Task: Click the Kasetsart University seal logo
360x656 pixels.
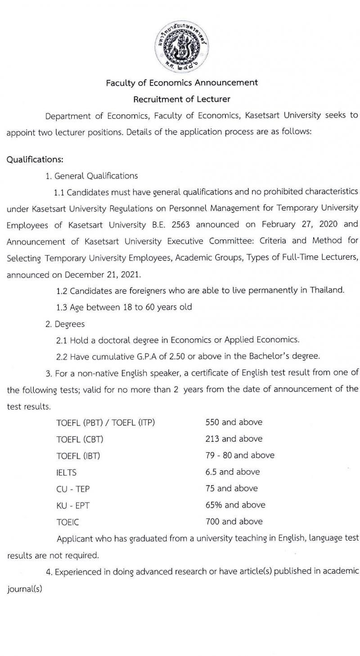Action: [x=181, y=47]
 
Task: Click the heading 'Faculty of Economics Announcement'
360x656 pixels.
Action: [x=182, y=83]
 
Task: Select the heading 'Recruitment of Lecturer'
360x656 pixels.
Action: [x=181, y=99]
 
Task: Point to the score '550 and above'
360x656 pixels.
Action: [x=234, y=422]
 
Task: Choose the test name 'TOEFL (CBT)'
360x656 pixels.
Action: [x=76, y=439]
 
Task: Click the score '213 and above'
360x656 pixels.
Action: [x=234, y=439]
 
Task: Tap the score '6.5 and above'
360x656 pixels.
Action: [x=232, y=472]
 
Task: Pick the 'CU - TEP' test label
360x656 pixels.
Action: [x=72, y=489]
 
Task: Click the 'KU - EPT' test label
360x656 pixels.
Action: [x=72, y=506]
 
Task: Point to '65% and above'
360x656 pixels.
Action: [x=235, y=505]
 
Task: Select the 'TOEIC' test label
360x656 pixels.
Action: [x=67, y=522]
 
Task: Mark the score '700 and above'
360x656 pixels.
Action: [x=234, y=521]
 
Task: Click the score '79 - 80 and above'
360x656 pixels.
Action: [x=239, y=455]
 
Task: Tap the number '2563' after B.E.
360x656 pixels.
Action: [x=181, y=224]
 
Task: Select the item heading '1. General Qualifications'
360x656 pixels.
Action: [x=91, y=176]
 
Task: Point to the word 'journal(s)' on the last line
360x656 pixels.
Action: [x=24, y=589]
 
